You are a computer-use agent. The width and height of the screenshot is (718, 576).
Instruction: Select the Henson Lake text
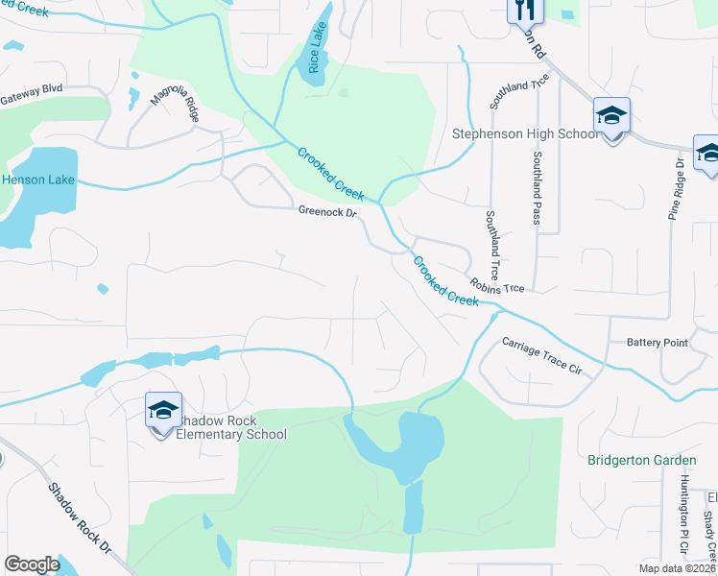tap(36, 180)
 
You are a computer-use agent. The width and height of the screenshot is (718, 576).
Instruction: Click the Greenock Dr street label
tap(326, 212)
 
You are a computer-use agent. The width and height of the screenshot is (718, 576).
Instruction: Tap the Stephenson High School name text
tap(525, 134)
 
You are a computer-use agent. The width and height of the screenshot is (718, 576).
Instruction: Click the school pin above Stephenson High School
tap(611, 117)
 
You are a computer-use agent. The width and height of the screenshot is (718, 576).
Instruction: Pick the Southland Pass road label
tap(538, 186)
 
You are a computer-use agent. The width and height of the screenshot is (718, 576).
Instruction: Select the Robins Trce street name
tap(497, 287)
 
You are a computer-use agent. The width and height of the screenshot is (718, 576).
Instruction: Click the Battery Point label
tap(658, 343)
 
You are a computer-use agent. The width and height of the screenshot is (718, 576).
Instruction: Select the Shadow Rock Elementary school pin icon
tap(163, 412)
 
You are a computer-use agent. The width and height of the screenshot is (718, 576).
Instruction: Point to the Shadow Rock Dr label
tap(82, 517)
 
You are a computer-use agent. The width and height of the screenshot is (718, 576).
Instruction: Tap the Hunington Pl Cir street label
tap(684, 517)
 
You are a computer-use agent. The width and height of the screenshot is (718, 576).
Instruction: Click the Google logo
tap(32, 565)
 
